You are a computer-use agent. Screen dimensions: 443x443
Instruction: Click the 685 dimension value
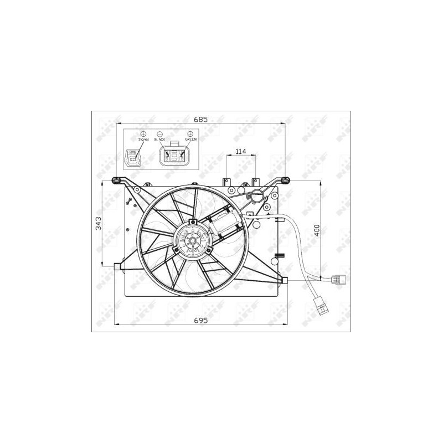click(x=200, y=118)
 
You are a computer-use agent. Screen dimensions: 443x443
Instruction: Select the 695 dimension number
click(x=200, y=320)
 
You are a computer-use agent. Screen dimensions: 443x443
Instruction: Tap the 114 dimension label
click(x=240, y=151)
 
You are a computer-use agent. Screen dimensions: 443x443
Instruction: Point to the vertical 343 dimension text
click(x=98, y=224)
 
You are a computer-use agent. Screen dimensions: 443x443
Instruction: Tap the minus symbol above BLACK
click(x=159, y=133)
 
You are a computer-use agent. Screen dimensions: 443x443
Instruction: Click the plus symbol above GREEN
click(x=191, y=133)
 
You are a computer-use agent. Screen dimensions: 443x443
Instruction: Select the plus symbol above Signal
click(x=143, y=133)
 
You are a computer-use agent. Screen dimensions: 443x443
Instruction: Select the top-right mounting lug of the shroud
click(x=284, y=180)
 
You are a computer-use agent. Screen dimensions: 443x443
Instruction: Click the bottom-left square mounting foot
click(x=117, y=267)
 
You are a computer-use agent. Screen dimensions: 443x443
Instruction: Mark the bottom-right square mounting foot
click(x=285, y=280)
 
